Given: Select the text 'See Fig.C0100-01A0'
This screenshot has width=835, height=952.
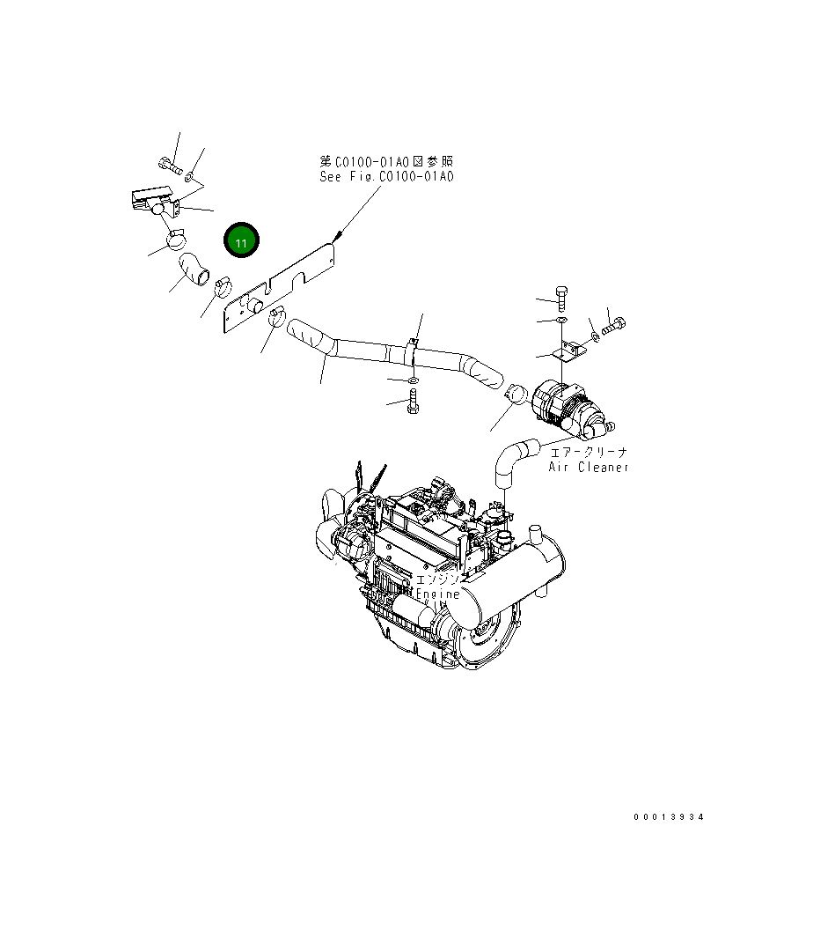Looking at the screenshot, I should [386, 177].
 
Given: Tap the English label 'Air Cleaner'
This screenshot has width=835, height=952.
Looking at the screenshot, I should [589, 467].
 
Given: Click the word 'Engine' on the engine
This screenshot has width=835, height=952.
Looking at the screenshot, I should [438, 594].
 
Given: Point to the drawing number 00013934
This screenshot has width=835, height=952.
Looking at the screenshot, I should [669, 817].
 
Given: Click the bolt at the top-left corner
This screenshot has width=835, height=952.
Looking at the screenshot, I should [170, 164].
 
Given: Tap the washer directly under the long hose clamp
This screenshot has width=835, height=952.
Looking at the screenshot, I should [412, 380].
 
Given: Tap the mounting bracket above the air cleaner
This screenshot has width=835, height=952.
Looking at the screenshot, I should [569, 352].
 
